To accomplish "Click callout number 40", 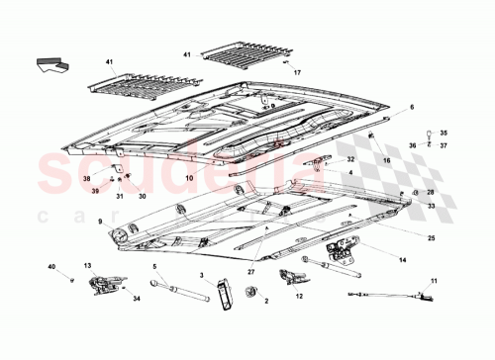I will point(51,266).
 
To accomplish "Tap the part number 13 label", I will point(87,265).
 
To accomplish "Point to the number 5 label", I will point(154,265).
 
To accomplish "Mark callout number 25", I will point(431,238).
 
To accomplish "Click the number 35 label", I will point(443,133).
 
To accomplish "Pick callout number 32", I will point(349,158).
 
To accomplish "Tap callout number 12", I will point(298,296).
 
